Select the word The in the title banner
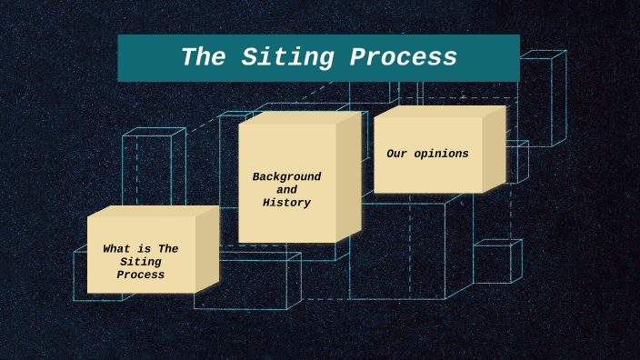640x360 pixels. click(x=205, y=58)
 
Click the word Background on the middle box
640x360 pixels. click(x=286, y=176)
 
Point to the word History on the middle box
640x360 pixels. click(x=286, y=203)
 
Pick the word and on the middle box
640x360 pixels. click(x=286, y=190)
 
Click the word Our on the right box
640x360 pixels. click(x=396, y=154)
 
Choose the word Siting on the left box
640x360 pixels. click(x=140, y=262)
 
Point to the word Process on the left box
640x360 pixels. click(x=140, y=275)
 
